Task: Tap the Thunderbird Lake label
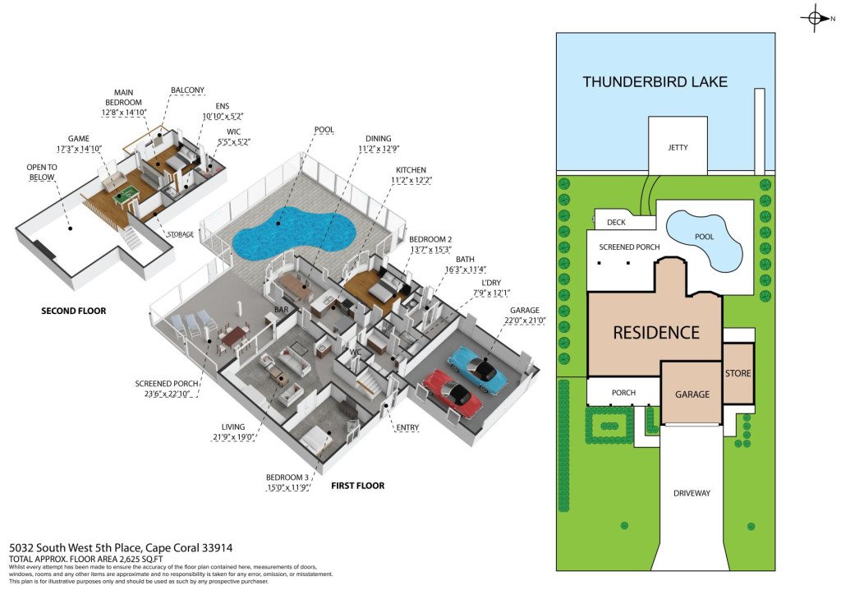(655, 81)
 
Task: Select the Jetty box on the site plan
(678, 147)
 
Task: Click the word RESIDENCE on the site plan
(655, 333)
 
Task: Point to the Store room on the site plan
(738, 373)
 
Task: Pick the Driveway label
(692, 493)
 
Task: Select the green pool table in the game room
(126, 195)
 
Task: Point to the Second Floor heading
(73, 311)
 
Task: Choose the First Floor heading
(357, 486)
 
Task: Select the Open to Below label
(42, 173)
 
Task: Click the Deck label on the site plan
(616, 222)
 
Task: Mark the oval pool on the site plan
(704, 240)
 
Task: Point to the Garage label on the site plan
(692, 394)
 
